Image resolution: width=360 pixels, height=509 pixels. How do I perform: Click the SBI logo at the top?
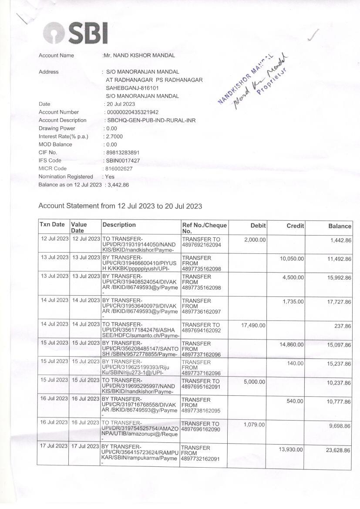75,33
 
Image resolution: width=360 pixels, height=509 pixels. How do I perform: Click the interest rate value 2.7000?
114,137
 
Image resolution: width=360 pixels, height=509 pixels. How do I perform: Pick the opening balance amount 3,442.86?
118,185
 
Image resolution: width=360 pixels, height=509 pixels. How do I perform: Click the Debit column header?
258,226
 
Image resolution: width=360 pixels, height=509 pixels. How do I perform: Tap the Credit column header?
295,226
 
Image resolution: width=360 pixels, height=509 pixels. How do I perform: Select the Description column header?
119,225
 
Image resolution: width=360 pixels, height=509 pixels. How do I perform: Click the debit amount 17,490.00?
253,325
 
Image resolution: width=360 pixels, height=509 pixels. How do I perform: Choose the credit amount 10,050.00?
292,259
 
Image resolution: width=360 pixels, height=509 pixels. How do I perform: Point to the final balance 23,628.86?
338,450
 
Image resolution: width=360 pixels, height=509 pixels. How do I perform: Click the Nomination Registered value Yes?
109,177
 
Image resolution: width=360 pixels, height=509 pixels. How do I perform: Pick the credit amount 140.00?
296,363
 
